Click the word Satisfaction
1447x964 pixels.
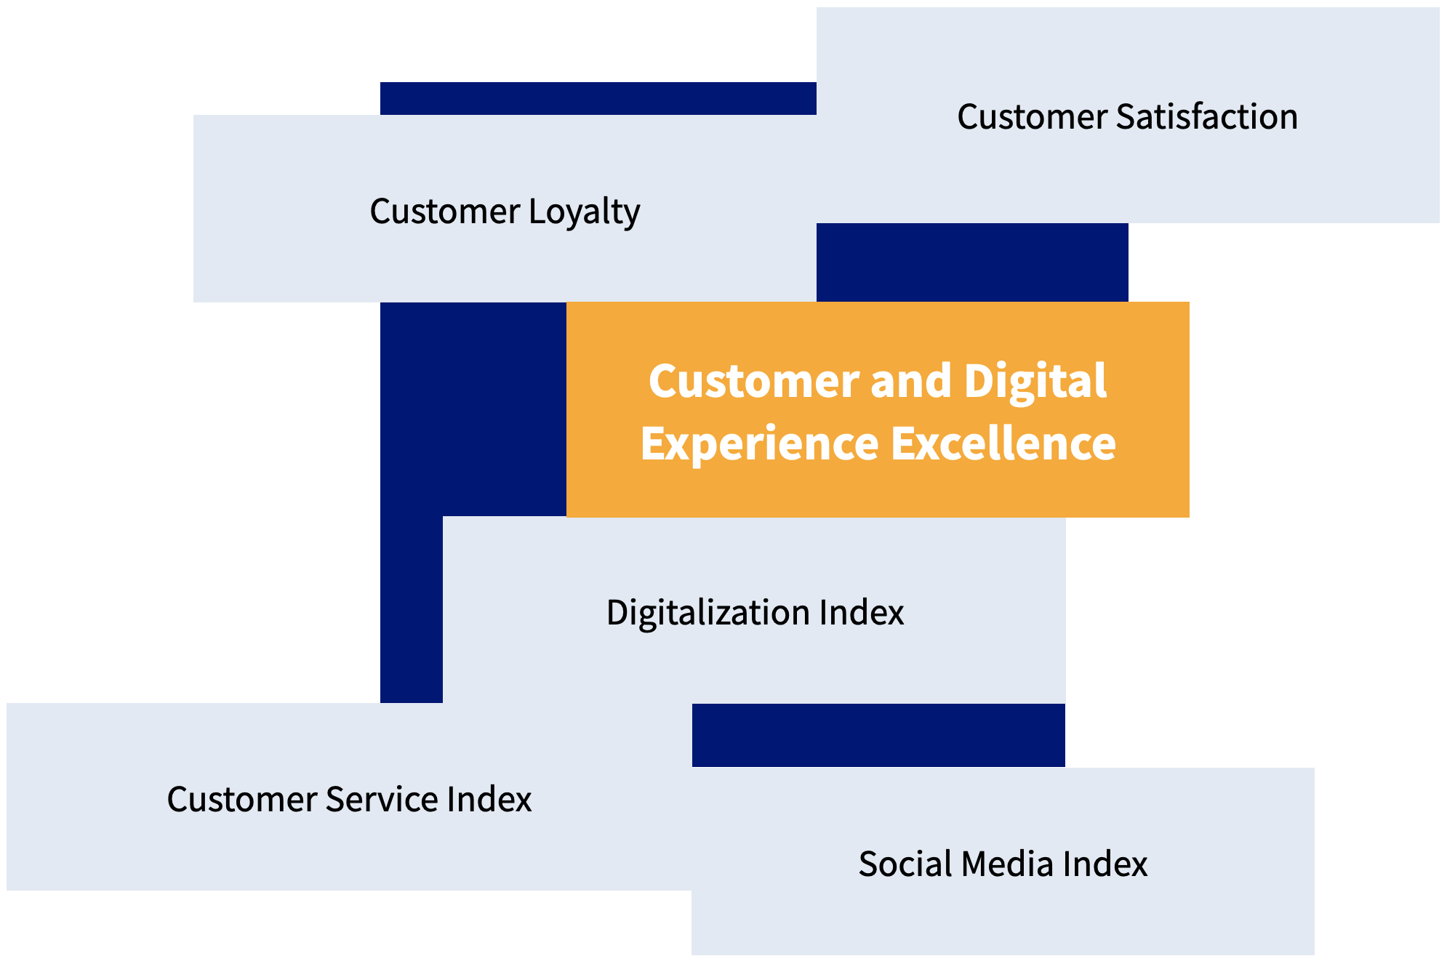point(1206,117)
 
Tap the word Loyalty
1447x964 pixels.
point(584,212)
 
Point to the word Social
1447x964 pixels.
point(905,864)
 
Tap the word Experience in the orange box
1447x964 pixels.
point(759,444)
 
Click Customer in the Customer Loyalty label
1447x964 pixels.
point(444,212)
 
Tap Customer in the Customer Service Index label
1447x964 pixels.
point(241,799)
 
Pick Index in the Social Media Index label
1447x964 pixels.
point(1105,864)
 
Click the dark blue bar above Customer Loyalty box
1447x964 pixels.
point(598,98)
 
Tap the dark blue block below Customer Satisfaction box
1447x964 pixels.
point(972,262)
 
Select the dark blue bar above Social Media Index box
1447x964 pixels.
point(878,734)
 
